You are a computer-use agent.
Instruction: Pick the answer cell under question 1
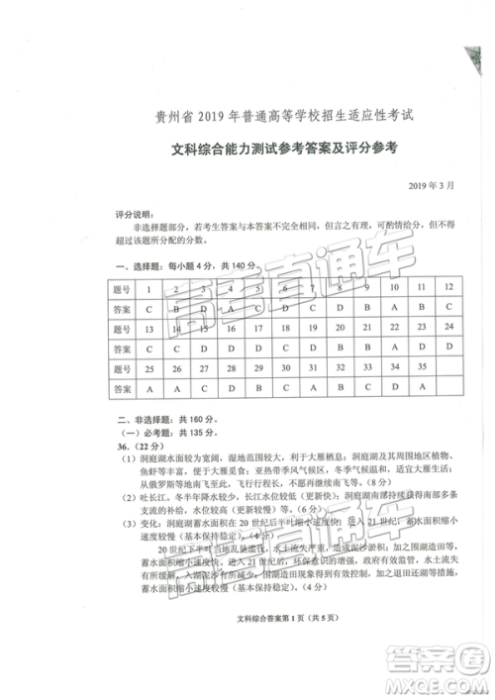(x=148, y=308)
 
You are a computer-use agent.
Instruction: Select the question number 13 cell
(x=148, y=328)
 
